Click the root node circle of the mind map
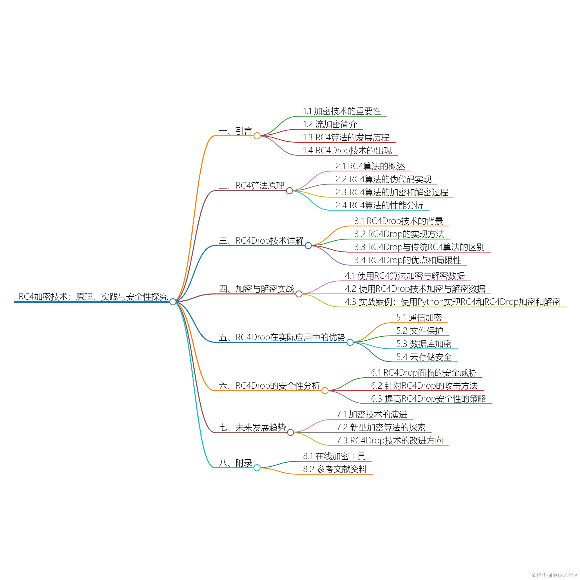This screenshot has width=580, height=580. click(x=173, y=301)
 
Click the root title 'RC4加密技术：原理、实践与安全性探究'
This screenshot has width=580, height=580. click(x=93, y=297)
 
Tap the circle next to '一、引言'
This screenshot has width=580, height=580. click(x=257, y=136)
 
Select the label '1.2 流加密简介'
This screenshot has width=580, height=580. click(x=330, y=124)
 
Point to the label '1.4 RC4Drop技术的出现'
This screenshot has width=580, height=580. click(x=347, y=150)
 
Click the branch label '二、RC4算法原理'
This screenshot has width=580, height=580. click(x=251, y=186)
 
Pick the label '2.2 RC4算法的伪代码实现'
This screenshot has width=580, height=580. click(x=383, y=179)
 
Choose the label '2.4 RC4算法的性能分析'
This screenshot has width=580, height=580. click(x=379, y=205)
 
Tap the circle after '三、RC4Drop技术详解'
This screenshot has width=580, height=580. click(x=308, y=246)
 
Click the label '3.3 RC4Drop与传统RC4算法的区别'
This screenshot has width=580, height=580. click(x=419, y=247)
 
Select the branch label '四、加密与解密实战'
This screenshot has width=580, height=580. click(x=256, y=289)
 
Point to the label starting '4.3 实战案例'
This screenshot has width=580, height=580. click(x=452, y=302)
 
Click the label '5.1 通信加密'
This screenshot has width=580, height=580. click(x=419, y=318)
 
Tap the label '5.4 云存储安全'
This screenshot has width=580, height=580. click(x=424, y=357)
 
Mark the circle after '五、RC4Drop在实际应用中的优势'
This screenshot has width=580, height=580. click(x=350, y=342)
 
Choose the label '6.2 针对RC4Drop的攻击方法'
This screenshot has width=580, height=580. click(x=424, y=385)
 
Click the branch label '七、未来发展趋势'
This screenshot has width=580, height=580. click(x=252, y=427)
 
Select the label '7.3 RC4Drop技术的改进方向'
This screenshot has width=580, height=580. click(x=389, y=441)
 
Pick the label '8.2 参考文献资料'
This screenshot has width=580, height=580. click(x=335, y=469)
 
